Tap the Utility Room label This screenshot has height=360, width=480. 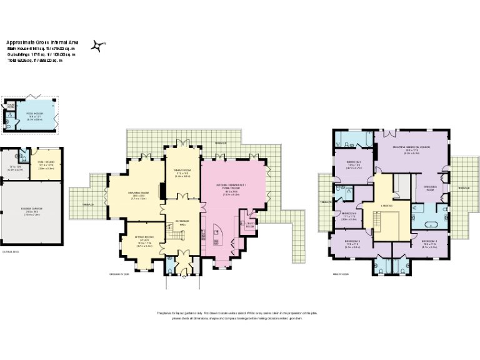pos(249,224)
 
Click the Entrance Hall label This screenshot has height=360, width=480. pos(182,222)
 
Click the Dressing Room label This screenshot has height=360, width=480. pos(430,188)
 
